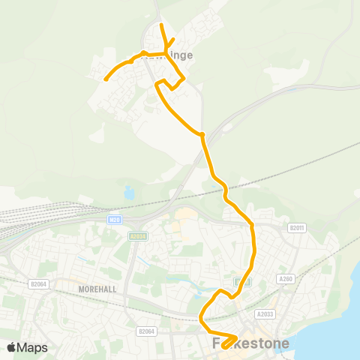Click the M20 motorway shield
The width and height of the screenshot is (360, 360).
(113, 219)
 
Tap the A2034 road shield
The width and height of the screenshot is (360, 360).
(137, 235)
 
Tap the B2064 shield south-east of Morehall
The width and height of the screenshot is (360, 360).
(145, 330)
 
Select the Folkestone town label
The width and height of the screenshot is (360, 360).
(251, 343)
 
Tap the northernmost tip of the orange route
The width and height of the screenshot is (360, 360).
(162, 25)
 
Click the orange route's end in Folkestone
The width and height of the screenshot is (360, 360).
(224, 346)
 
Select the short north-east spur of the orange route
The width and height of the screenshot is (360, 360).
(172, 41)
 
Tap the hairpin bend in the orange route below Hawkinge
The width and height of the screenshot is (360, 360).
(157, 85)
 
